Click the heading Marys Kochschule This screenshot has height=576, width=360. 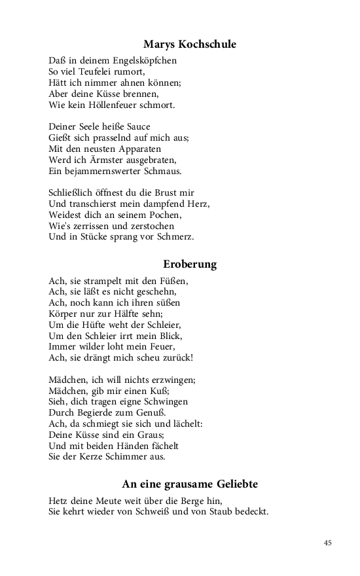[190, 45]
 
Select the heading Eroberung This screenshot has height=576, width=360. [190, 264]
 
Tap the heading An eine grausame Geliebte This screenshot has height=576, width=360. [190, 484]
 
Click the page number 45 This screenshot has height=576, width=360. [328, 543]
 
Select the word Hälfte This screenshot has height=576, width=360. [132, 314]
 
